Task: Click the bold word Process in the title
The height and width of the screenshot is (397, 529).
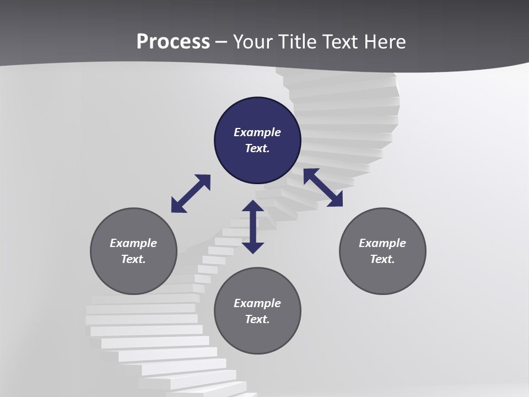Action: coord(173,42)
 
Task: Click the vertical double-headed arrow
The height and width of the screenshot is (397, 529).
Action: coord(253,227)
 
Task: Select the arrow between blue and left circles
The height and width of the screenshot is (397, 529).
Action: coord(191,194)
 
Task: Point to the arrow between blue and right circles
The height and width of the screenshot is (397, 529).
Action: coord(323,187)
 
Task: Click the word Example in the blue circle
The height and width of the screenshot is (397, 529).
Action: coord(257,132)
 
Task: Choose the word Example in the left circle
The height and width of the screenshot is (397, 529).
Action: coord(133,243)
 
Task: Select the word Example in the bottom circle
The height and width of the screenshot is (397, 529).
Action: coord(257,303)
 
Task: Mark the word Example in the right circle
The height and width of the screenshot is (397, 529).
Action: coord(382,243)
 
